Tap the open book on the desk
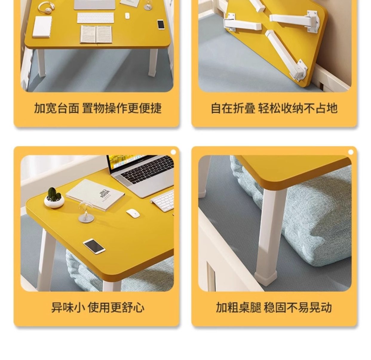(96, 34)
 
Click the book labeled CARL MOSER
(95, 194)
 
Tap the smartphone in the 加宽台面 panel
(161, 24)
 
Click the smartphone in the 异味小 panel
(94, 246)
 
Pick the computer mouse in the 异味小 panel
(133, 213)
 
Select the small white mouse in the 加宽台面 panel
(127, 16)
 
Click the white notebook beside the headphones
(42, 27)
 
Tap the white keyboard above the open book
(96, 18)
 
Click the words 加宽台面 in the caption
(56, 108)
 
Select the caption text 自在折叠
(233, 108)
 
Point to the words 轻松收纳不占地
(298, 108)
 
